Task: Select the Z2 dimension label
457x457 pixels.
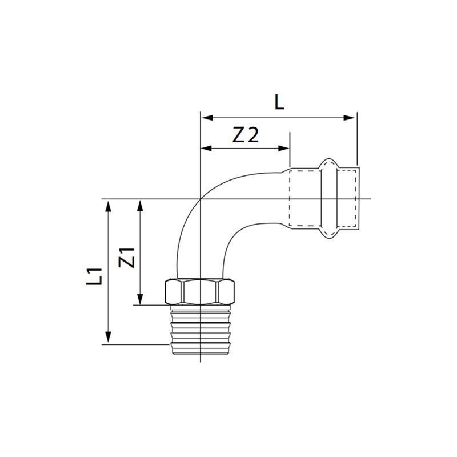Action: point(246,135)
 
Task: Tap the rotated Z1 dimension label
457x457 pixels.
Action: point(127,258)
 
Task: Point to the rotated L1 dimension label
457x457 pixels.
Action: point(94,276)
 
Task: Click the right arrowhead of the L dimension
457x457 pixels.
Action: point(349,118)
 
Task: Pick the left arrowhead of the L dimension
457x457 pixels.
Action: point(207,118)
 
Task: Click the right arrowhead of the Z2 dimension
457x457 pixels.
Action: point(283,149)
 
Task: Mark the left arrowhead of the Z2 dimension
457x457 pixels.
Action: point(207,149)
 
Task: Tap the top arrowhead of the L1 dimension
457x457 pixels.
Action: point(108,206)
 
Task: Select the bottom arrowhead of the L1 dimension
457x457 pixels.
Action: point(108,337)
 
